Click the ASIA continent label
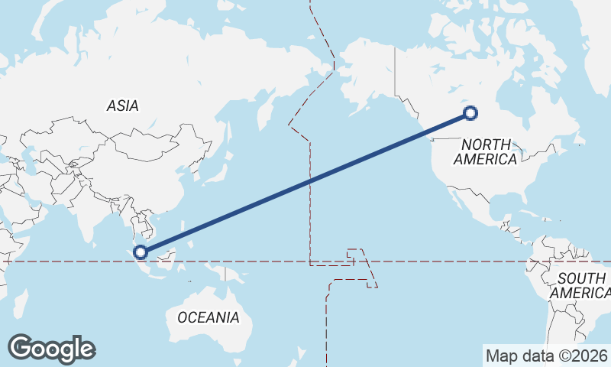[122, 106]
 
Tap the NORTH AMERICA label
[486, 151]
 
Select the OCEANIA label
[208, 317]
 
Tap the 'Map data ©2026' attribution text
[546, 356]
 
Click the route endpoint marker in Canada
[470, 113]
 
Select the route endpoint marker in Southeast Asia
[140, 252]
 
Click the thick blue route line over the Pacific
[305, 182]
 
